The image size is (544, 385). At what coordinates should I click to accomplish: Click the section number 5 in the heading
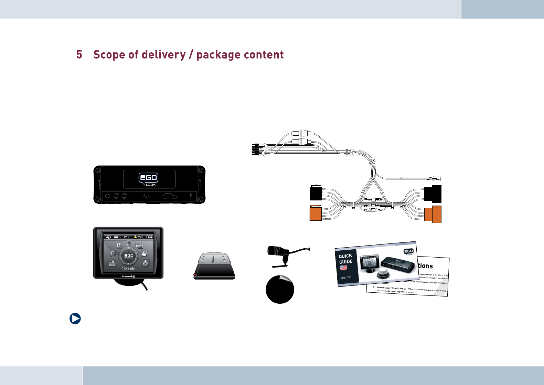[x=79, y=55]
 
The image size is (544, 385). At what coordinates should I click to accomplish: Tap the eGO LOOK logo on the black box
[x=148, y=179]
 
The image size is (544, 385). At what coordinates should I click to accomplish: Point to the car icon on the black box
[x=170, y=196]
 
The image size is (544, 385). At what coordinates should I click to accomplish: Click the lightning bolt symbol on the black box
[x=191, y=196]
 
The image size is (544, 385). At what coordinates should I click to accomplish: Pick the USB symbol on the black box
[x=143, y=196]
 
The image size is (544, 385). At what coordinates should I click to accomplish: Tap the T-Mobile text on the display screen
[x=128, y=269]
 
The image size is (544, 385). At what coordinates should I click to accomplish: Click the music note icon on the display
[x=113, y=253]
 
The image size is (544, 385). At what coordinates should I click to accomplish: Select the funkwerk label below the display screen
[x=128, y=276]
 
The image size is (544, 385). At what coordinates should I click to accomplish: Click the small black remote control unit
[x=214, y=267]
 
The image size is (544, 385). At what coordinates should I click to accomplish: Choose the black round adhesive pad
[x=280, y=290]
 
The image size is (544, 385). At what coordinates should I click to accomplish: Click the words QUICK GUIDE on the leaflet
[x=345, y=259]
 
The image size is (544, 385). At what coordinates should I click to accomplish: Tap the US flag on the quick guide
[x=343, y=268]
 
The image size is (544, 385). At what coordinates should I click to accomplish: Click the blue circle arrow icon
[x=75, y=319]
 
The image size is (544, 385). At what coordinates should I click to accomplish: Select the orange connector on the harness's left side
[x=316, y=213]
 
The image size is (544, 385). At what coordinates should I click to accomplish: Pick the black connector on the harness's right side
[x=433, y=194]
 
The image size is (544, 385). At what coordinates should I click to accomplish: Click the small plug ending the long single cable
[x=434, y=179]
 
